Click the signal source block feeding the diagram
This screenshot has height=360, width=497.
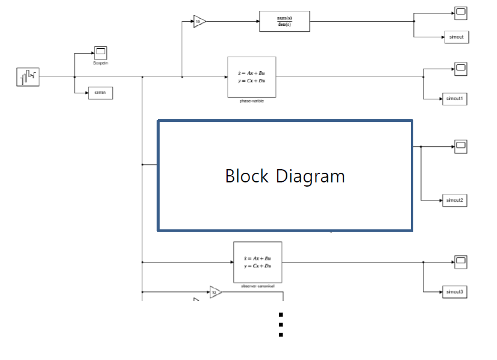pyautogui.click(x=28, y=76)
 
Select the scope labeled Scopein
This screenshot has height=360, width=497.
pyautogui.click(x=100, y=52)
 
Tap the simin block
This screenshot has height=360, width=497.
pyautogui.click(x=100, y=93)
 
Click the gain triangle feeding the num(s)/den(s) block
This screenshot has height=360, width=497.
pyautogui.click(x=199, y=22)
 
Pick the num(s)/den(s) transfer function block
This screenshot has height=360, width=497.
pyautogui.click(x=284, y=21)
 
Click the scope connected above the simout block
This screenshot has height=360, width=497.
pyautogui.click(x=460, y=12)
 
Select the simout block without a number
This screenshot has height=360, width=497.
pyautogui.click(x=456, y=37)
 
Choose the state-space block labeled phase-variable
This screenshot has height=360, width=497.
pyautogui.click(x=251, y=76)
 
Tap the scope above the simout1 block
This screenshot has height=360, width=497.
pyautogui.click(x=460, y=69)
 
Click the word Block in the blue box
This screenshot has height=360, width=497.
pyautogui.click(x=247, y=176)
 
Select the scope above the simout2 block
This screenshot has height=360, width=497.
pyautogui.click(x=460, y=146)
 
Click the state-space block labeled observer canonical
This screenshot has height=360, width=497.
pyautogui.click(x=257, y=262)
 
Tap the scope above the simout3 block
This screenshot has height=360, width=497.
pyautogui.click(x=460, y=262)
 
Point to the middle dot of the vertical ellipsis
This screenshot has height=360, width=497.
pyautogui.click(x=281, y=325)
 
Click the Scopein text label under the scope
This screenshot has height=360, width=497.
pyautogui.click(x=101, y=63)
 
